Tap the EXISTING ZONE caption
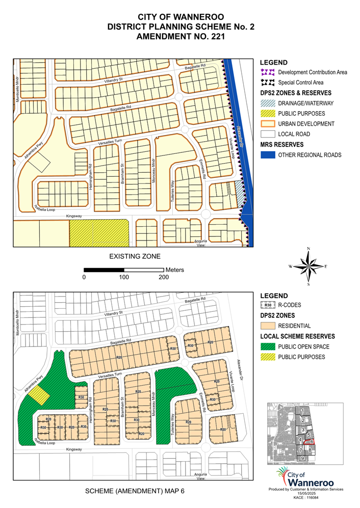coord(135,256)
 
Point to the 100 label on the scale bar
coord(124,277)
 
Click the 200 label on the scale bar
coord(163,277)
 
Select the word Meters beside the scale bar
coord(174,270)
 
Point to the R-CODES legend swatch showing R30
coord(267,306)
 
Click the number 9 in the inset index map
coord(302,459)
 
